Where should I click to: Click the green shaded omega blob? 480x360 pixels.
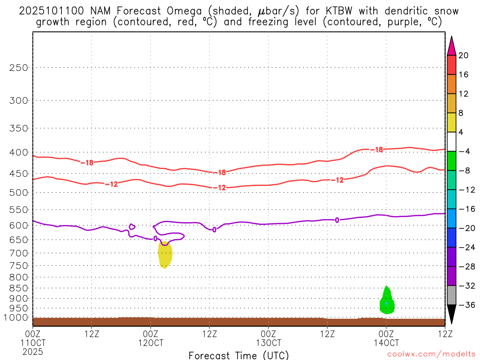click(x=387, y=301)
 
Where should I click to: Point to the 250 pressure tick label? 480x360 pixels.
click(x=19, y=67)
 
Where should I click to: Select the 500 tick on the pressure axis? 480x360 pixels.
click(x=19, y=192)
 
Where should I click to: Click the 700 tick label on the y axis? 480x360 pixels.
click(x=19, y=253)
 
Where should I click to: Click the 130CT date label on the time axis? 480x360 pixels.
click(x=269, y=343)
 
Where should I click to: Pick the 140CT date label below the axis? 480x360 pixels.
click(x=386, y=343)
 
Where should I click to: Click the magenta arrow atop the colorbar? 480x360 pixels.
click(x=451, y=46)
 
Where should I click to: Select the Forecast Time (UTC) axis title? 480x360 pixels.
click(x=239, y=355)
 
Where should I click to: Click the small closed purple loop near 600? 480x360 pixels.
click(x=132, y=226)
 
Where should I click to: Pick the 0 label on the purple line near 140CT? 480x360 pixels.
click(x=337, y=219)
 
